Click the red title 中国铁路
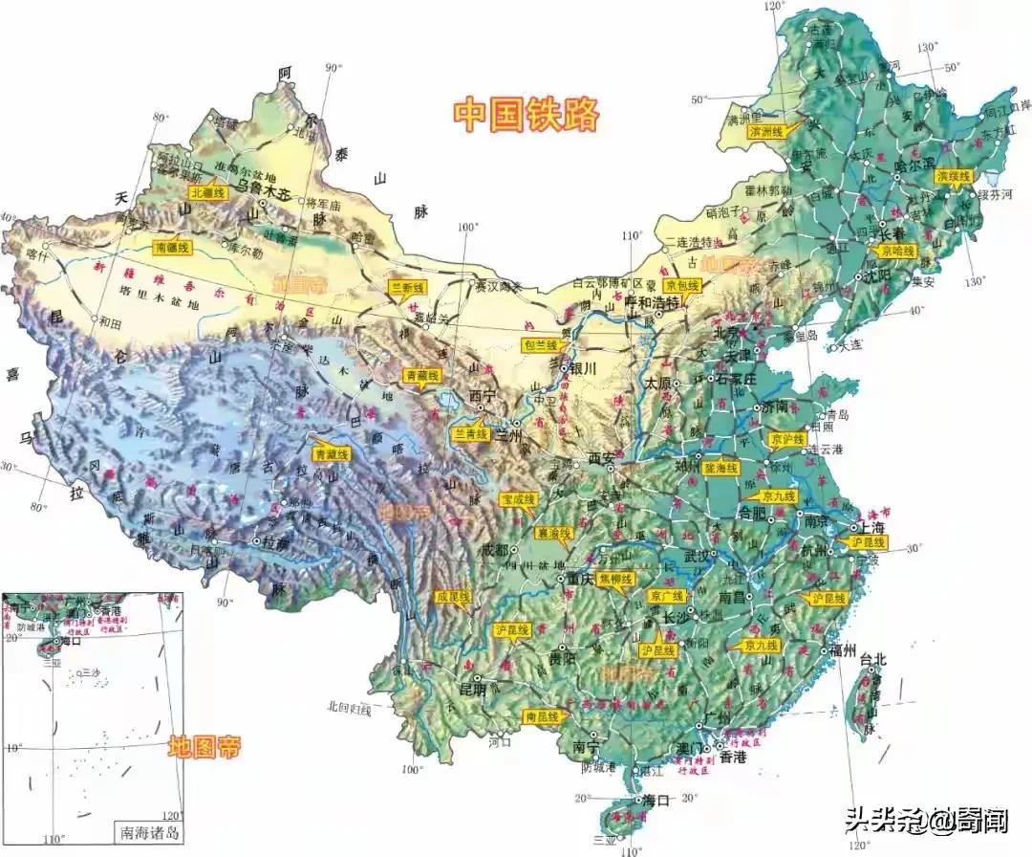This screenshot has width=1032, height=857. tap(527, 114)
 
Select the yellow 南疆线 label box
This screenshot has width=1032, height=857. tap(173, 248)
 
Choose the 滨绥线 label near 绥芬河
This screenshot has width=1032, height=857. tap(953, 177)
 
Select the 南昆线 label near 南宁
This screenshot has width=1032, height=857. tap(541, 715)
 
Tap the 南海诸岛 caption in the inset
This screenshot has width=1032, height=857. tap(146, 831)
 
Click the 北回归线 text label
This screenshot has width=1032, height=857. tap(348, 709)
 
